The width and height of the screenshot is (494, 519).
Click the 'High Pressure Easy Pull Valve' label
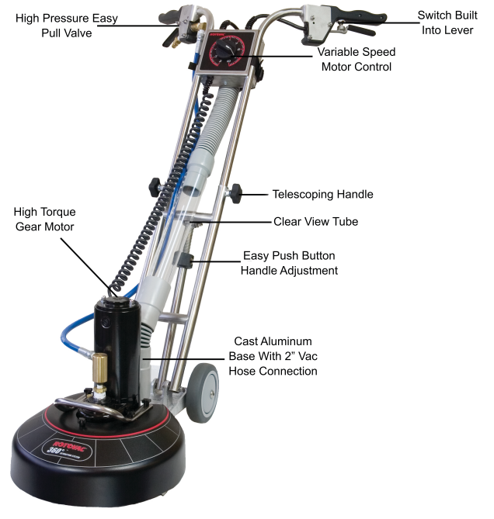[67, 26]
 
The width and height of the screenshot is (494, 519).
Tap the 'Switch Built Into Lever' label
[447, 22]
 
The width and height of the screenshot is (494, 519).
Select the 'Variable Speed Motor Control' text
[357, 59]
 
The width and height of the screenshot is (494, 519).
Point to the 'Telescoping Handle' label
[322, 194]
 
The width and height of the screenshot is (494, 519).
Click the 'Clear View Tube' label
[316, 221]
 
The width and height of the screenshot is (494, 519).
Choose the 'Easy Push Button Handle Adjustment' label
[289, 263]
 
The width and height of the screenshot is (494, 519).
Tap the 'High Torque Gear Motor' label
[45, 219]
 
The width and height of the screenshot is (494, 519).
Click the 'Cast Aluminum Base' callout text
[273, 356]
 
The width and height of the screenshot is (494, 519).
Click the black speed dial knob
[225, 51]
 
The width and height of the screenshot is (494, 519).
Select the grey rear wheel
[202, 393]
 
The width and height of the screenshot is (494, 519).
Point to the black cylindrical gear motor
[117, 348]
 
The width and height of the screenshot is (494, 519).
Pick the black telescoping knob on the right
[236, 193]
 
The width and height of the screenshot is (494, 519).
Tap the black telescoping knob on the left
[155, 187]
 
